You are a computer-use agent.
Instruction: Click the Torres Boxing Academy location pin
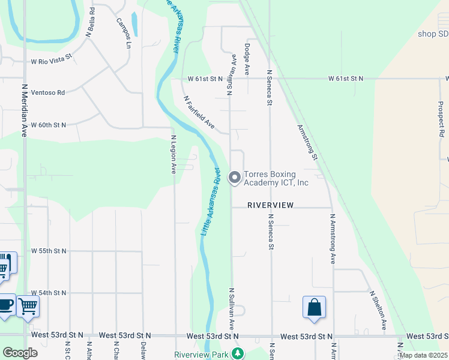point(235,178)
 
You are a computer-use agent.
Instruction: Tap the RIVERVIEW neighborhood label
point(271,205)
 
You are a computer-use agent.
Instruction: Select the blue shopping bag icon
point(314,308)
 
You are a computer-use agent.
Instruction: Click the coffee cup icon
point(5,305)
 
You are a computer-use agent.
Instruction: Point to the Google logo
point(20,353)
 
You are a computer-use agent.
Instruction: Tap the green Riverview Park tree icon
point(238,353)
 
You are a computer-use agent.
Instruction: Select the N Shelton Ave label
point(378,310)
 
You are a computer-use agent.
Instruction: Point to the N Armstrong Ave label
point(332,239)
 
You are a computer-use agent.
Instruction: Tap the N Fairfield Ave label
point(199,112)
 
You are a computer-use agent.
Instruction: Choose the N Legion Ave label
point(173,154)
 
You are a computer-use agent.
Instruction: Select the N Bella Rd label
point(91,22)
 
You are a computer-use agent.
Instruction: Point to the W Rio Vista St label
point(52,59)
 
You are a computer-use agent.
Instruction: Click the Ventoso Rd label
point(48,92)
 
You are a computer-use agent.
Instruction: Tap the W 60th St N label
point(49,125)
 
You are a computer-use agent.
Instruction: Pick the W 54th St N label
point(49,292)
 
